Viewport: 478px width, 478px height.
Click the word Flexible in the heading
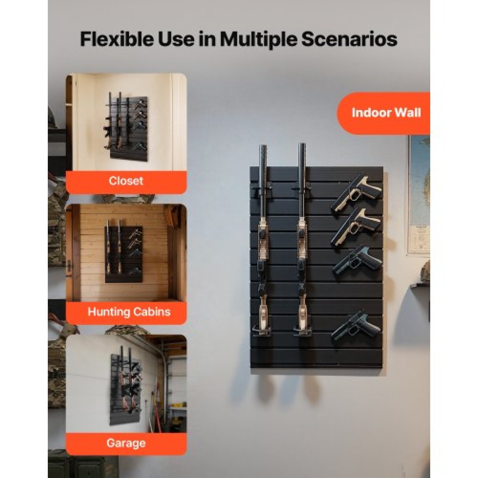coord(117,40)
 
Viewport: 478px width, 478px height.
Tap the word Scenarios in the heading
coord(349,40)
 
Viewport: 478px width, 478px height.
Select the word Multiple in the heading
coord(258,40)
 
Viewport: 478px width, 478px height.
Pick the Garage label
coord(126,443)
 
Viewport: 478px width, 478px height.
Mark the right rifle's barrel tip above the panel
coord(302,145)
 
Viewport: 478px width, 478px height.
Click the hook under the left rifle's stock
coord(262,331)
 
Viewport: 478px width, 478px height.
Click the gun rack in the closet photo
coord(127,127)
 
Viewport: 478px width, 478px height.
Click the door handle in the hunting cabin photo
coord(70,266)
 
